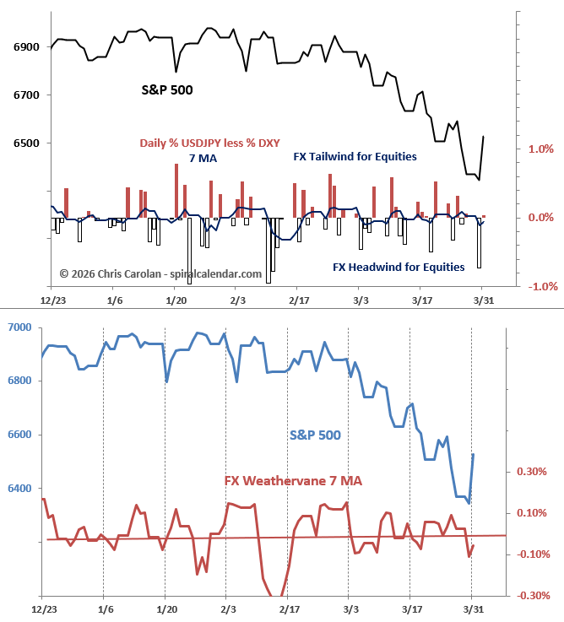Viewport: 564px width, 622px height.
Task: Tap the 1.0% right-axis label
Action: click(541, 149)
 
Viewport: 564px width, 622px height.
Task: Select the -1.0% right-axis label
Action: click(540, 286)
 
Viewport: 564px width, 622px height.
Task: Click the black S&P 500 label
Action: click(166, 89)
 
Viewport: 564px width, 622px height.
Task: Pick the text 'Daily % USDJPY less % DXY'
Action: click(209, 143)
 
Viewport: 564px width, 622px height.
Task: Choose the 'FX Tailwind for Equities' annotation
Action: click(355, 156)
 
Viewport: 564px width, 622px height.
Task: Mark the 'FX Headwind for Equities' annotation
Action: click(399, 267)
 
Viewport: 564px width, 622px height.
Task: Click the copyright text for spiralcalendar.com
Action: click(160, 273)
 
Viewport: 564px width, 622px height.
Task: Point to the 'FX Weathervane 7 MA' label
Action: click(293, 480)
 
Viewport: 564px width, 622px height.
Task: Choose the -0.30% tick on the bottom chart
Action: click(534, 596)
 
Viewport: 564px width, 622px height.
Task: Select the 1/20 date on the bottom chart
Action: click(166, 608)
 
